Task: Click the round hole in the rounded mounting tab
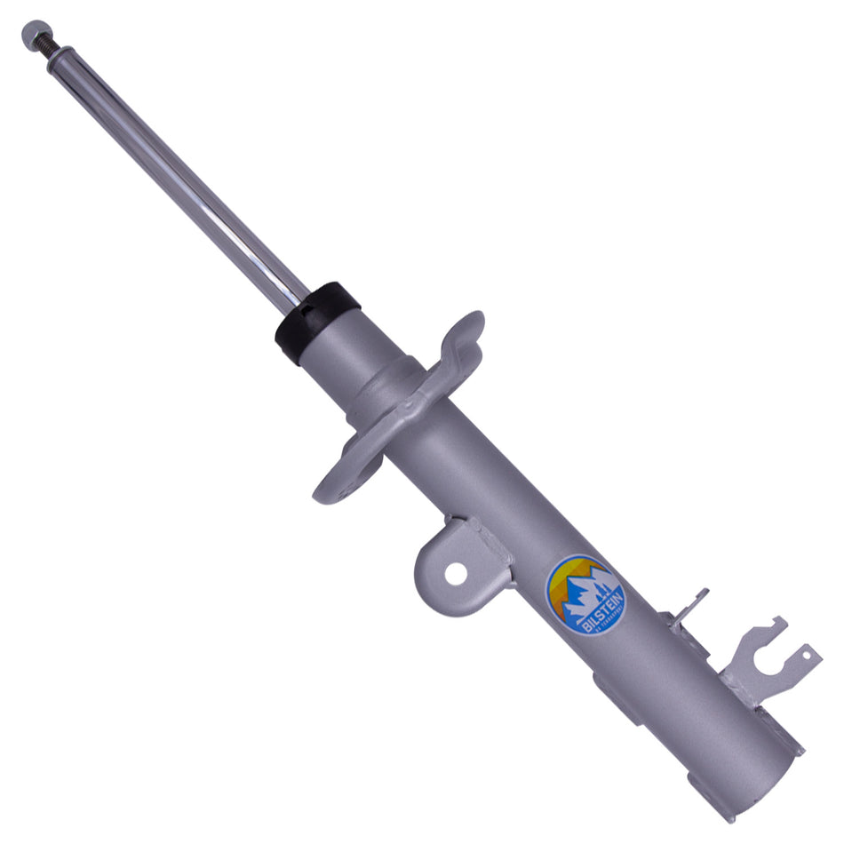coord(456,573)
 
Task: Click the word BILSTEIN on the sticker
coord(603,614)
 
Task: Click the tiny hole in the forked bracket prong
coord(807,657)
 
